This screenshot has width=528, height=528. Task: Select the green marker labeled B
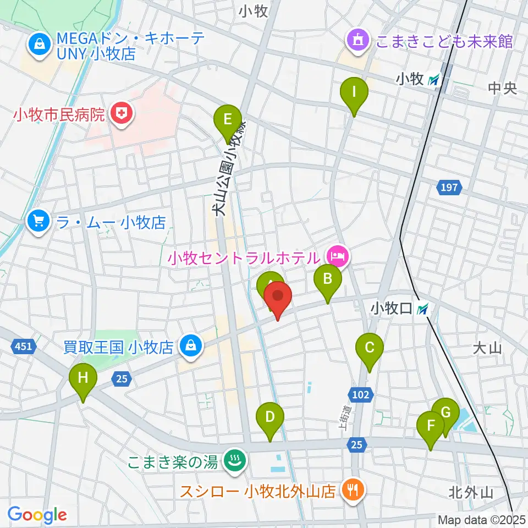(x=327, y=279)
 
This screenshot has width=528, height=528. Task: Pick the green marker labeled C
(x=370, y=348)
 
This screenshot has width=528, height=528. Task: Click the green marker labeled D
(x=269, y=417)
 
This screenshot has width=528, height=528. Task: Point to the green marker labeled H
(x=83, y=378)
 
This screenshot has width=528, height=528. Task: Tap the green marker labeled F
(x=431, y=426)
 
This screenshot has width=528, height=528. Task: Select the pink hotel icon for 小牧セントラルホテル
(x=337, y=256)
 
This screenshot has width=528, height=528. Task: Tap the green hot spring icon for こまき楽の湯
(x=235, y=460)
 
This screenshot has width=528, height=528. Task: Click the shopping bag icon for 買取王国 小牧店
(x=190, y=346)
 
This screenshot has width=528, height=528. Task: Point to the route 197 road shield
(x=449, y=188)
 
